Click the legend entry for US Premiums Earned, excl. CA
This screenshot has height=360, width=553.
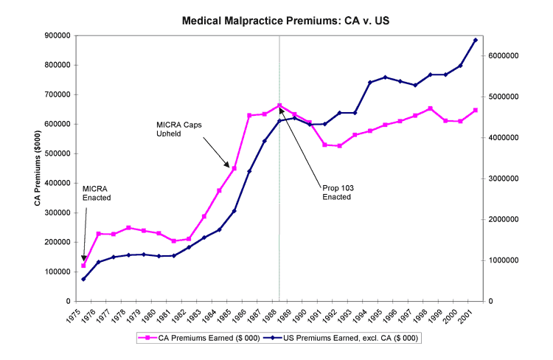[349, 338]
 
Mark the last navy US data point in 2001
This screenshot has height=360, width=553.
[475, 40]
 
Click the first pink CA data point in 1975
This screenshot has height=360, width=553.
[83, 266]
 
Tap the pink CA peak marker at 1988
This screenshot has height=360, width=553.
[279, 105]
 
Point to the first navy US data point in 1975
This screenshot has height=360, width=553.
[83, 279]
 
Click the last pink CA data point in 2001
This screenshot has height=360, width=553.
[475, 110]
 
